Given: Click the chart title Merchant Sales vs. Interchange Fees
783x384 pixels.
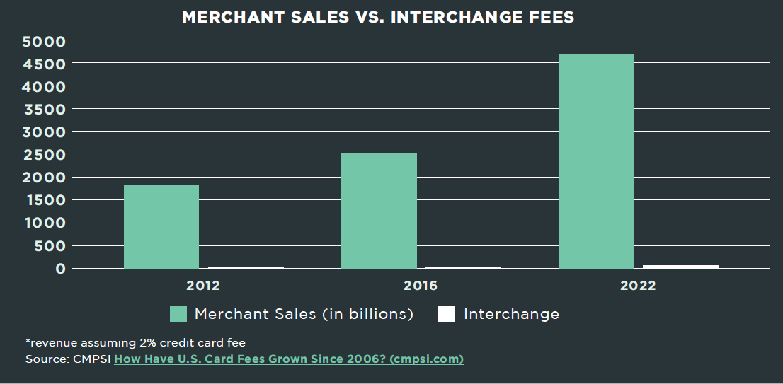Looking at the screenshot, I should point(378,17).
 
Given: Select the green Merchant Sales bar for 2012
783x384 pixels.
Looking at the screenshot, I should point(161,226).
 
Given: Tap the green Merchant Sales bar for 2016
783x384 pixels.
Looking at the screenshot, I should point(379,211).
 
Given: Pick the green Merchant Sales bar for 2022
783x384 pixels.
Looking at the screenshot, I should point(596,161).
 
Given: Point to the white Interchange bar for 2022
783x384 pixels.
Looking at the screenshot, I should point(680,267).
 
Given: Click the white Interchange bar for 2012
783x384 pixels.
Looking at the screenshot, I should point(246,267).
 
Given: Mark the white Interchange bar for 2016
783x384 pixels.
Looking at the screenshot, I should point(463,267).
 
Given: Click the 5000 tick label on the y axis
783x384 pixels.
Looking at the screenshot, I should point(44,41).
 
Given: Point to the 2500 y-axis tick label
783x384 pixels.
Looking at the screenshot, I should point(44,155).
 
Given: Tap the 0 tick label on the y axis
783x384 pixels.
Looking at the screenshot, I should point(61,269).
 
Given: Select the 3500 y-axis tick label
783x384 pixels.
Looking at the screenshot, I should point(44,110).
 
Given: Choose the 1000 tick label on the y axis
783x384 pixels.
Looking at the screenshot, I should point(44,223).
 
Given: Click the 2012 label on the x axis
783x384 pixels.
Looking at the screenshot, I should point(203,286).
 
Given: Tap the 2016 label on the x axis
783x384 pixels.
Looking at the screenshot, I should point(421,286).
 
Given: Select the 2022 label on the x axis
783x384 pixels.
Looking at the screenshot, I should point(638,286).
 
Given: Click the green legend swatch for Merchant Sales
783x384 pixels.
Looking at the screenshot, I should point(178,314).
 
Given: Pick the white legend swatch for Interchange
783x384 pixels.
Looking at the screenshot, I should point(446,314).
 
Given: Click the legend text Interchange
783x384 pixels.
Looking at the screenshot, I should point(511,314).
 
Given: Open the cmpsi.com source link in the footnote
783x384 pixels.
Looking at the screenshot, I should point(289,359).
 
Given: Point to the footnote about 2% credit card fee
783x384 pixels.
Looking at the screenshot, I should point(135,343).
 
